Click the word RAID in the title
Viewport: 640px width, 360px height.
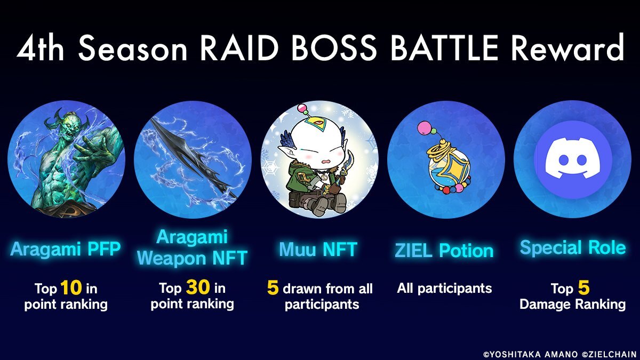pos(239,47)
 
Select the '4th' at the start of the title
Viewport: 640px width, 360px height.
pos(40,47)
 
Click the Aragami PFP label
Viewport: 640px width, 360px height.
pos(66,249)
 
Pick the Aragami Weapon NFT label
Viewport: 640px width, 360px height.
pos(192,247)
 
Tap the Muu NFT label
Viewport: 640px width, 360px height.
pos(318,249)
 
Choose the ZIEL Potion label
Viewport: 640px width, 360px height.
pos(444,250)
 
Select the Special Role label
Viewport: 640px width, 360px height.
pos(573,247)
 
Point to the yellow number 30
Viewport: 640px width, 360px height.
pos(198,287)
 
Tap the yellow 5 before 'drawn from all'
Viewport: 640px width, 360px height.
pos(273,287)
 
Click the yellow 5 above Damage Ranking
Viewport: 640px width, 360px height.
pos(583,287)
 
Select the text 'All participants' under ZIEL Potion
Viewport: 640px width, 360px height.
pos(444,289)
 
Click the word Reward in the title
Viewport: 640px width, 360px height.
pos(567,47)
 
